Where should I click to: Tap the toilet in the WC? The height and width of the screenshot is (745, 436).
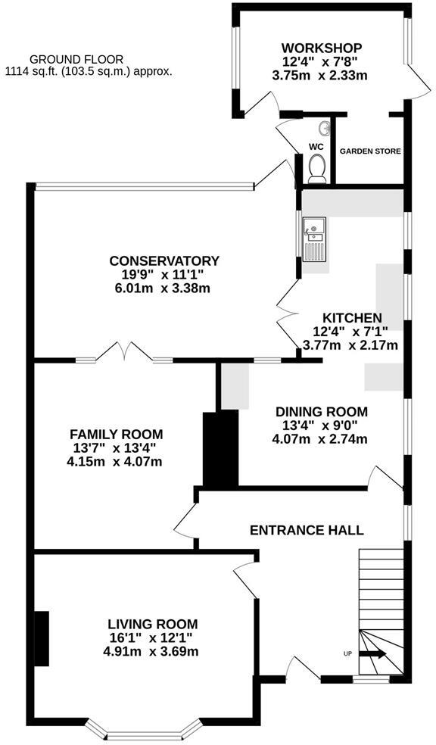[x=316, y=167]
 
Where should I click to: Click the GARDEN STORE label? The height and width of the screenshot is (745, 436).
[x=370, y=151]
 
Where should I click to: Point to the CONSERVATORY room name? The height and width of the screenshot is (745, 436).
[x=163, y=261]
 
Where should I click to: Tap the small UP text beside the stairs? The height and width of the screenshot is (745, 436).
[x=347, y=653]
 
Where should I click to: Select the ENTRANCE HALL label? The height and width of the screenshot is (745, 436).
[x=307, y=530]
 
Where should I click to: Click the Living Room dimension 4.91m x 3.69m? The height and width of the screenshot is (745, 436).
[x=152, y=651]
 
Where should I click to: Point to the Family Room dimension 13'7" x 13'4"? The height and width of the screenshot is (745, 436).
[x=116, y=448]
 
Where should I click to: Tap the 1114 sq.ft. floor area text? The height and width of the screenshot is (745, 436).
[x=88, y=72]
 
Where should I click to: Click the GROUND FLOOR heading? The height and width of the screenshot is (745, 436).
[x=75, y=59]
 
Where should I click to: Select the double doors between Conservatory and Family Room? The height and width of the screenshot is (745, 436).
[x=123, y=353]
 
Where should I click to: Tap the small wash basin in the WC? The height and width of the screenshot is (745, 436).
[x=324, y=128]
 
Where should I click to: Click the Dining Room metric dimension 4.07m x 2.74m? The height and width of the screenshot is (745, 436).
[x=321, y=439]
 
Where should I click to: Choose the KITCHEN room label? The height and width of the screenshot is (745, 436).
[x=352, y=318]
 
